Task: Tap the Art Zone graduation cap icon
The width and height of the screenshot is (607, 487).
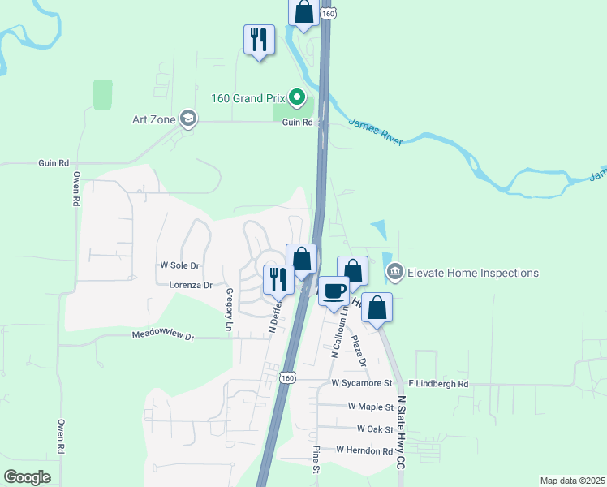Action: pyautogui.click(x=189, y=119)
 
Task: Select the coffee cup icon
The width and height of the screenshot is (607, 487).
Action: pyautogui.click(x=334, y=291)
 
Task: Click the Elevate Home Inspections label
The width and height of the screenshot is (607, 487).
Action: pyautogui.click(x=473, y=273)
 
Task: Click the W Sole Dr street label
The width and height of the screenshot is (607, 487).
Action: pyautogui.click(x=179, y=266)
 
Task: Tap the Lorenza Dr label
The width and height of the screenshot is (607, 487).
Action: pyautogui.click(x=191, y=285)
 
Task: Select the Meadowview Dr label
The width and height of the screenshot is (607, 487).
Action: pyautogui.click(x=163, y=336)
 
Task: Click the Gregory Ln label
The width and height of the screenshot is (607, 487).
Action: pyautogui.click(x=230, y=309)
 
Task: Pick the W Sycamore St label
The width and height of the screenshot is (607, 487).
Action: pyautogui.click(x=362, y=382)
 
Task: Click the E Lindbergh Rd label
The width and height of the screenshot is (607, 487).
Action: pyautogui.click(x=438, y=383)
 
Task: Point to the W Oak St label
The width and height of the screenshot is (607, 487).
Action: pyautogui.click(x=375, y=428)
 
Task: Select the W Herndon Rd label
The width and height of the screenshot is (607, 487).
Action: pyautogui.click(x=364, y=450)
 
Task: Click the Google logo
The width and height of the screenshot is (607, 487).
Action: pyautogui.click(x=27, y=477)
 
